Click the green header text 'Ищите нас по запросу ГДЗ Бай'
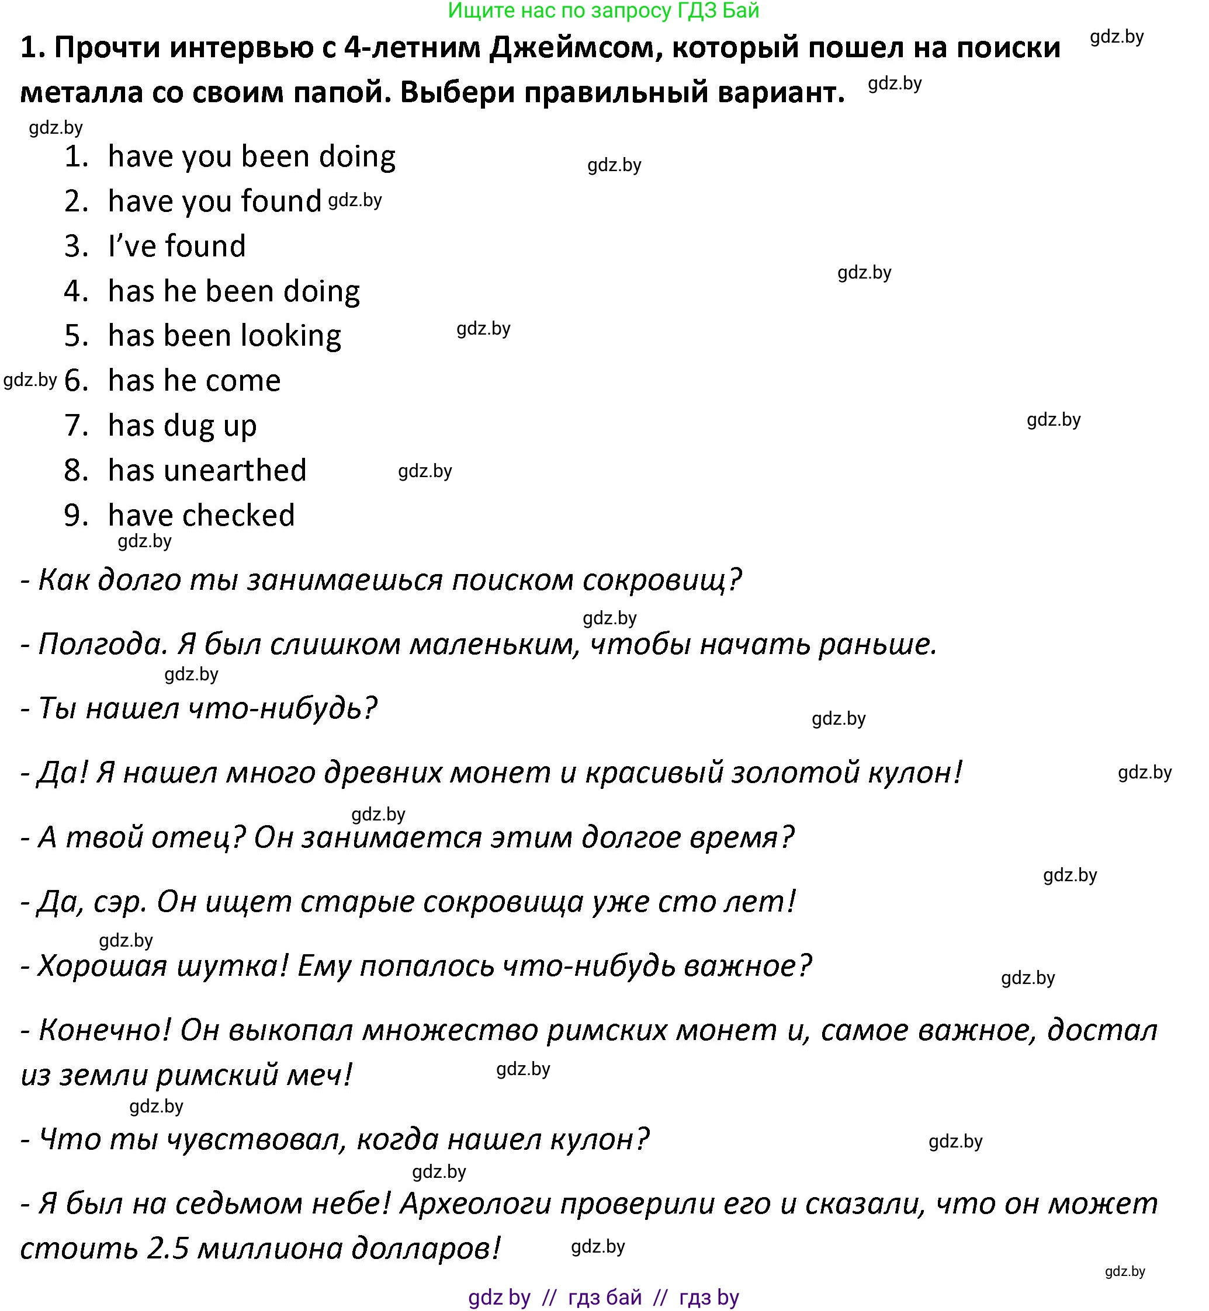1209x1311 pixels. (x=603, y=11)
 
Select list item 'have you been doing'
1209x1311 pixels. (x=251, y=157)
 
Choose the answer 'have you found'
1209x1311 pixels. (x=214, y=201)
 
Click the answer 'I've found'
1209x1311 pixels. (x=176, y=246)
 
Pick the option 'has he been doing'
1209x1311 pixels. (x=234, y=291)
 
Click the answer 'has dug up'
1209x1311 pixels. (x=182, y=426)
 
